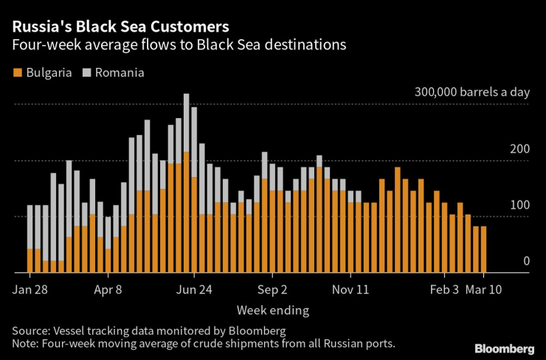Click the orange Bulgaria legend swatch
coord(16,73)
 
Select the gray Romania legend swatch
coord(86,73)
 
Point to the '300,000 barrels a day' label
coord(471,93)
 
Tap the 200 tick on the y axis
coord(520,149)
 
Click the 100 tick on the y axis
coord(520,204)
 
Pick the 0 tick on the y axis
coord(526,260)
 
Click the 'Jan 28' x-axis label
coord(30,289)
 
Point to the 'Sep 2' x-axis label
coord(272,289)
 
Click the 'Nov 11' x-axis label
coord(351,289)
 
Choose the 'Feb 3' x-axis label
coord(445,289)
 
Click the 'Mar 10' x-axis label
coord(484,289)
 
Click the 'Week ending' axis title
coord(273,310)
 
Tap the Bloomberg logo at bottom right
coord(504,348)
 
